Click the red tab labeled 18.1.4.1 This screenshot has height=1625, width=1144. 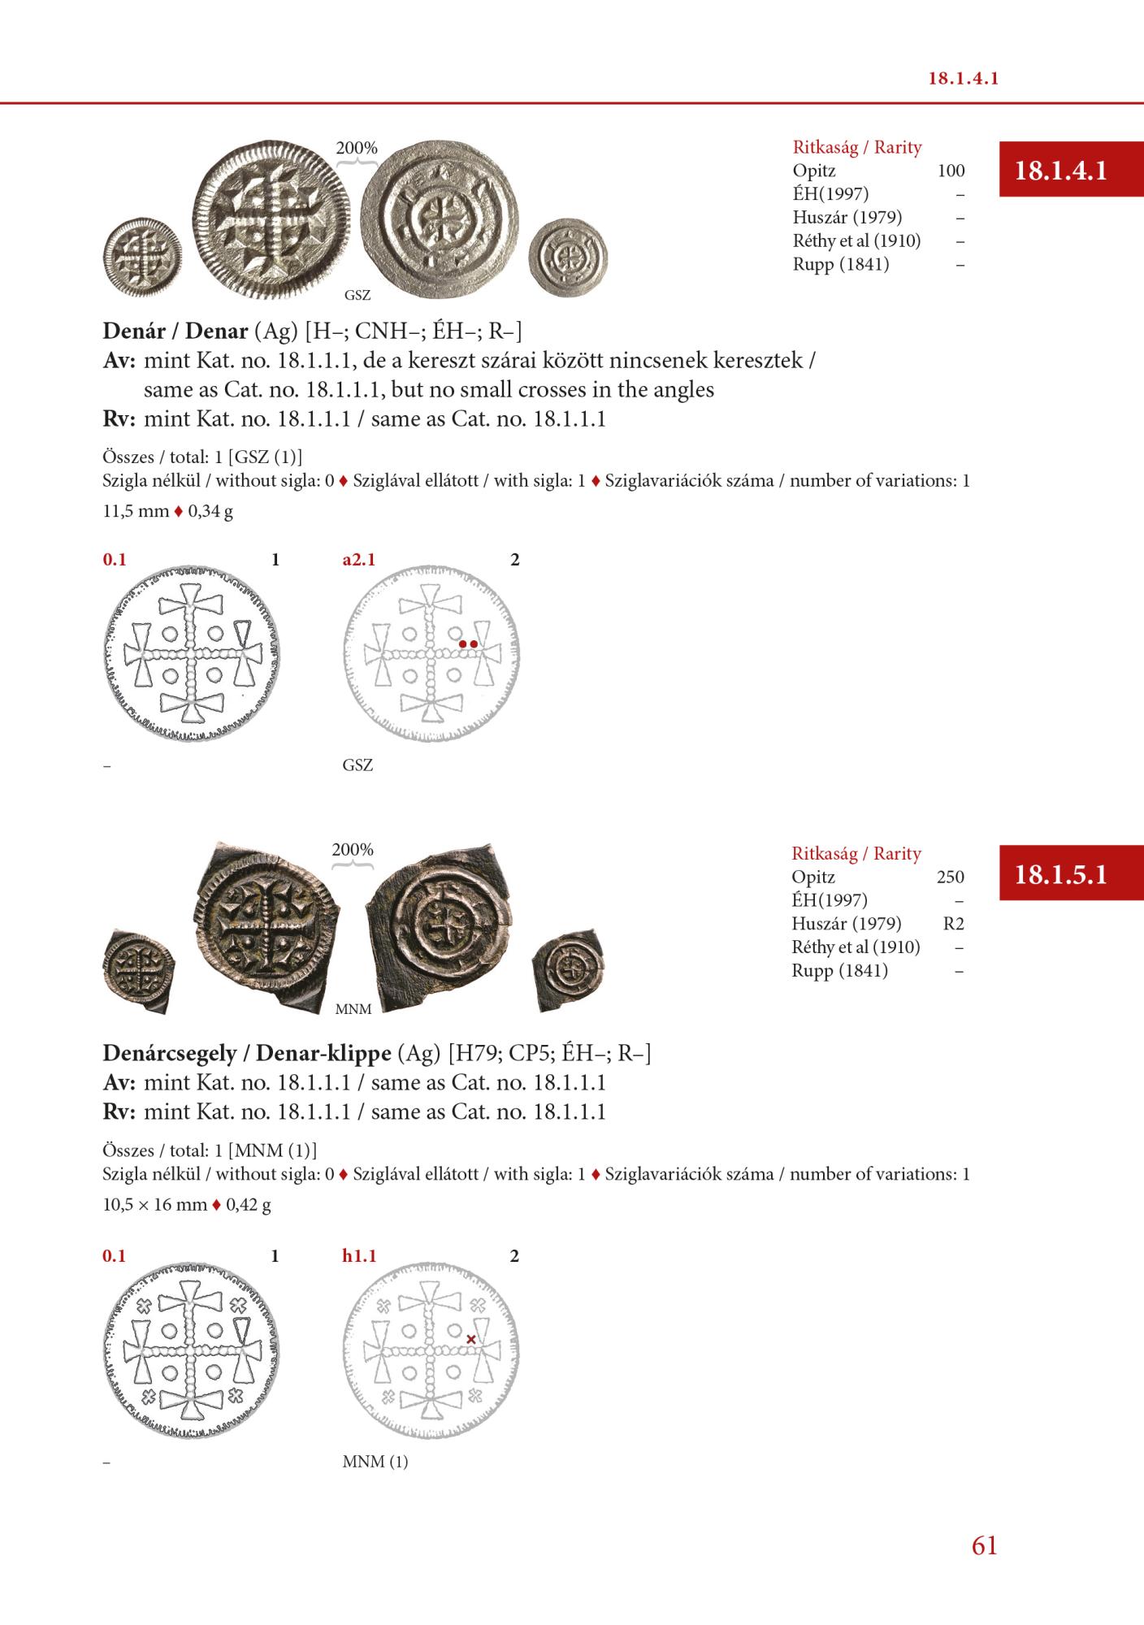(x=1061, y=171)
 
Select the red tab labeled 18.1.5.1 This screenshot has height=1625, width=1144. (x=1061, y=874)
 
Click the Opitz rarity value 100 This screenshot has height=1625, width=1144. (x=951, y=171)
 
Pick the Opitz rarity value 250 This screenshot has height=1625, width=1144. (x=950, y=877)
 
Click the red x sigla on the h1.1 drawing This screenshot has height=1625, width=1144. (x=471, y=1339)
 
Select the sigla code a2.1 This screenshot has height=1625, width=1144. (x=359, y=560)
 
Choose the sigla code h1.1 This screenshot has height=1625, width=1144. (x=359, y=1256)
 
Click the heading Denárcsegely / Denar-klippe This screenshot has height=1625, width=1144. (x=246, y=1054)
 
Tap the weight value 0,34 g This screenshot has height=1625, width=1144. (x=210, y=512)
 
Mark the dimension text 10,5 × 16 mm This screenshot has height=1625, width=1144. (x=155, y=1204)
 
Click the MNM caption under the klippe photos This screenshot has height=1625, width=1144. (x=353, y=1009)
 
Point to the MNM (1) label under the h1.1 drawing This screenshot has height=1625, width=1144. (x=375, y=1462)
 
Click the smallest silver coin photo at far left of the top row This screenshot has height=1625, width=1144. (x=142, y=258)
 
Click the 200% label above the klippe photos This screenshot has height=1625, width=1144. (x=353, y=850)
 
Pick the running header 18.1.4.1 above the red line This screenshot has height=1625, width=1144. (x=963, y=79)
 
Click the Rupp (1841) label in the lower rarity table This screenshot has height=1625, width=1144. (x=840, y=971)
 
